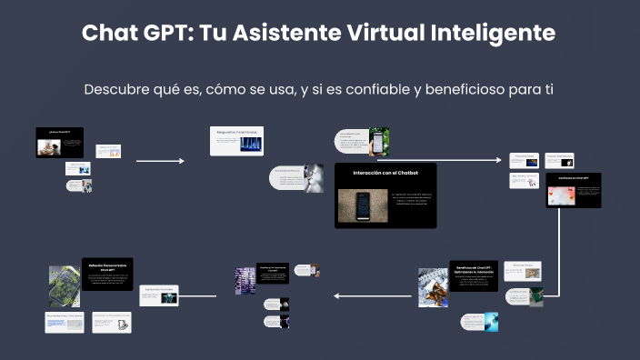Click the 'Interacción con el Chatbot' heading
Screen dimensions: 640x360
pos(385,173)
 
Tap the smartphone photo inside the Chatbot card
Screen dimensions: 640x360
pos(363,206)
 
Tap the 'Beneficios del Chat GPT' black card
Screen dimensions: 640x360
pos(473,276)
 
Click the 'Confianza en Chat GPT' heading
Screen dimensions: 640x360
pos(574,178)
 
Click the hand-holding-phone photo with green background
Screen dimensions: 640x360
pos(379,140)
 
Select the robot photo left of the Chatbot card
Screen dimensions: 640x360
pos(314,177)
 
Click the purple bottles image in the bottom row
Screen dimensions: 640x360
pos(245,281)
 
